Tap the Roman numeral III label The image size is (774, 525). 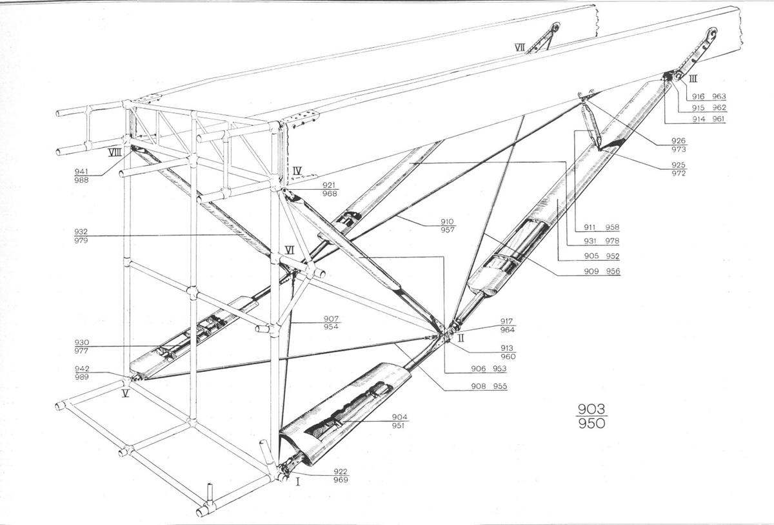click(x=693, y=79)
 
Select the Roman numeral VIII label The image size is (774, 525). click(x=115, y=153)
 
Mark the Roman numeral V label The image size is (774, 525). click(x=125, y=392)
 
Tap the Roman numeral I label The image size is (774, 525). click(x=298, y=481)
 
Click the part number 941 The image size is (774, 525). click(x=81, y=171)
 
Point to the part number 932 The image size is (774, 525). click(x=83, y=231)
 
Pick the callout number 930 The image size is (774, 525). click(x=82, y=343)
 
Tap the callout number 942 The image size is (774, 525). click(x=82, y=369)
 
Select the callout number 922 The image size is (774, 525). click(x=341, y=471)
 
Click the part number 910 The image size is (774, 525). click(x=448, y=221)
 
